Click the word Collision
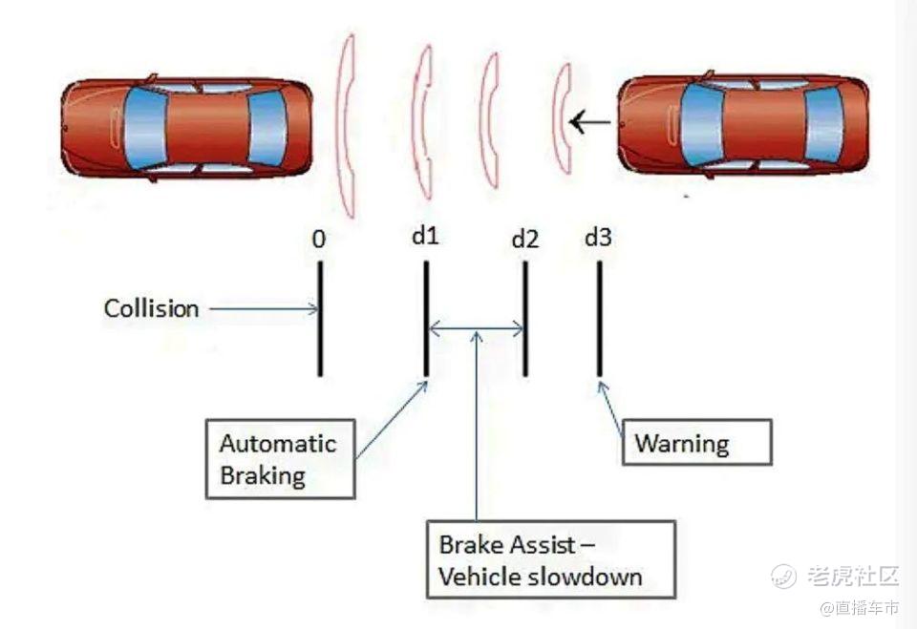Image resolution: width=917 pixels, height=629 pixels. click(x=152, y=309)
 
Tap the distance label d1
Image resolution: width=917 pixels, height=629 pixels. click(x=425, y=235)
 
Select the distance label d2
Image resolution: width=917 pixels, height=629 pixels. click(x=524, y=239)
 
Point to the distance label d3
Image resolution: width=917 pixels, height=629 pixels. click(x=598, y=236)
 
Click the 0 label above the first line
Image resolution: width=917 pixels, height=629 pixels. click(x=319, y=239)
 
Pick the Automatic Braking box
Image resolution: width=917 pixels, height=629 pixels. click(x=280, y=458)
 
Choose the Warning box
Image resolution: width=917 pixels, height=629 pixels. click(x=696, y=443)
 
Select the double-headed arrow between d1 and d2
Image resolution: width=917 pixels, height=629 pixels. click(x=476, y=330)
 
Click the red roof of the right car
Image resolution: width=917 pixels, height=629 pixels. click(x=763, y=124)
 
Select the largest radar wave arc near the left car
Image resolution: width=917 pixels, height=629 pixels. click(x=345, y=124)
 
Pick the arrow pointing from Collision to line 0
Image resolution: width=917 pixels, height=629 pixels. click(x=262, y=308)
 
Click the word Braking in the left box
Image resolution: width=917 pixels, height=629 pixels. click(x=264, y=475)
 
